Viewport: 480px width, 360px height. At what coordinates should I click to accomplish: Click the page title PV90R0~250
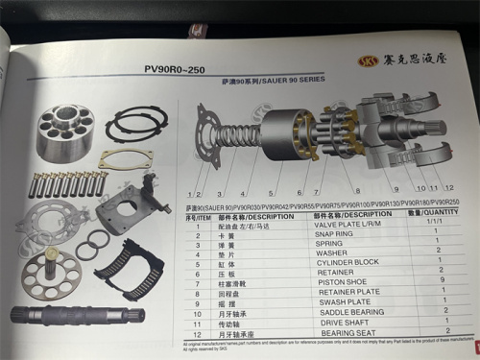[176, 70]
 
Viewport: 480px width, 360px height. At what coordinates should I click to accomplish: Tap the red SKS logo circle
[367, 60]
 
